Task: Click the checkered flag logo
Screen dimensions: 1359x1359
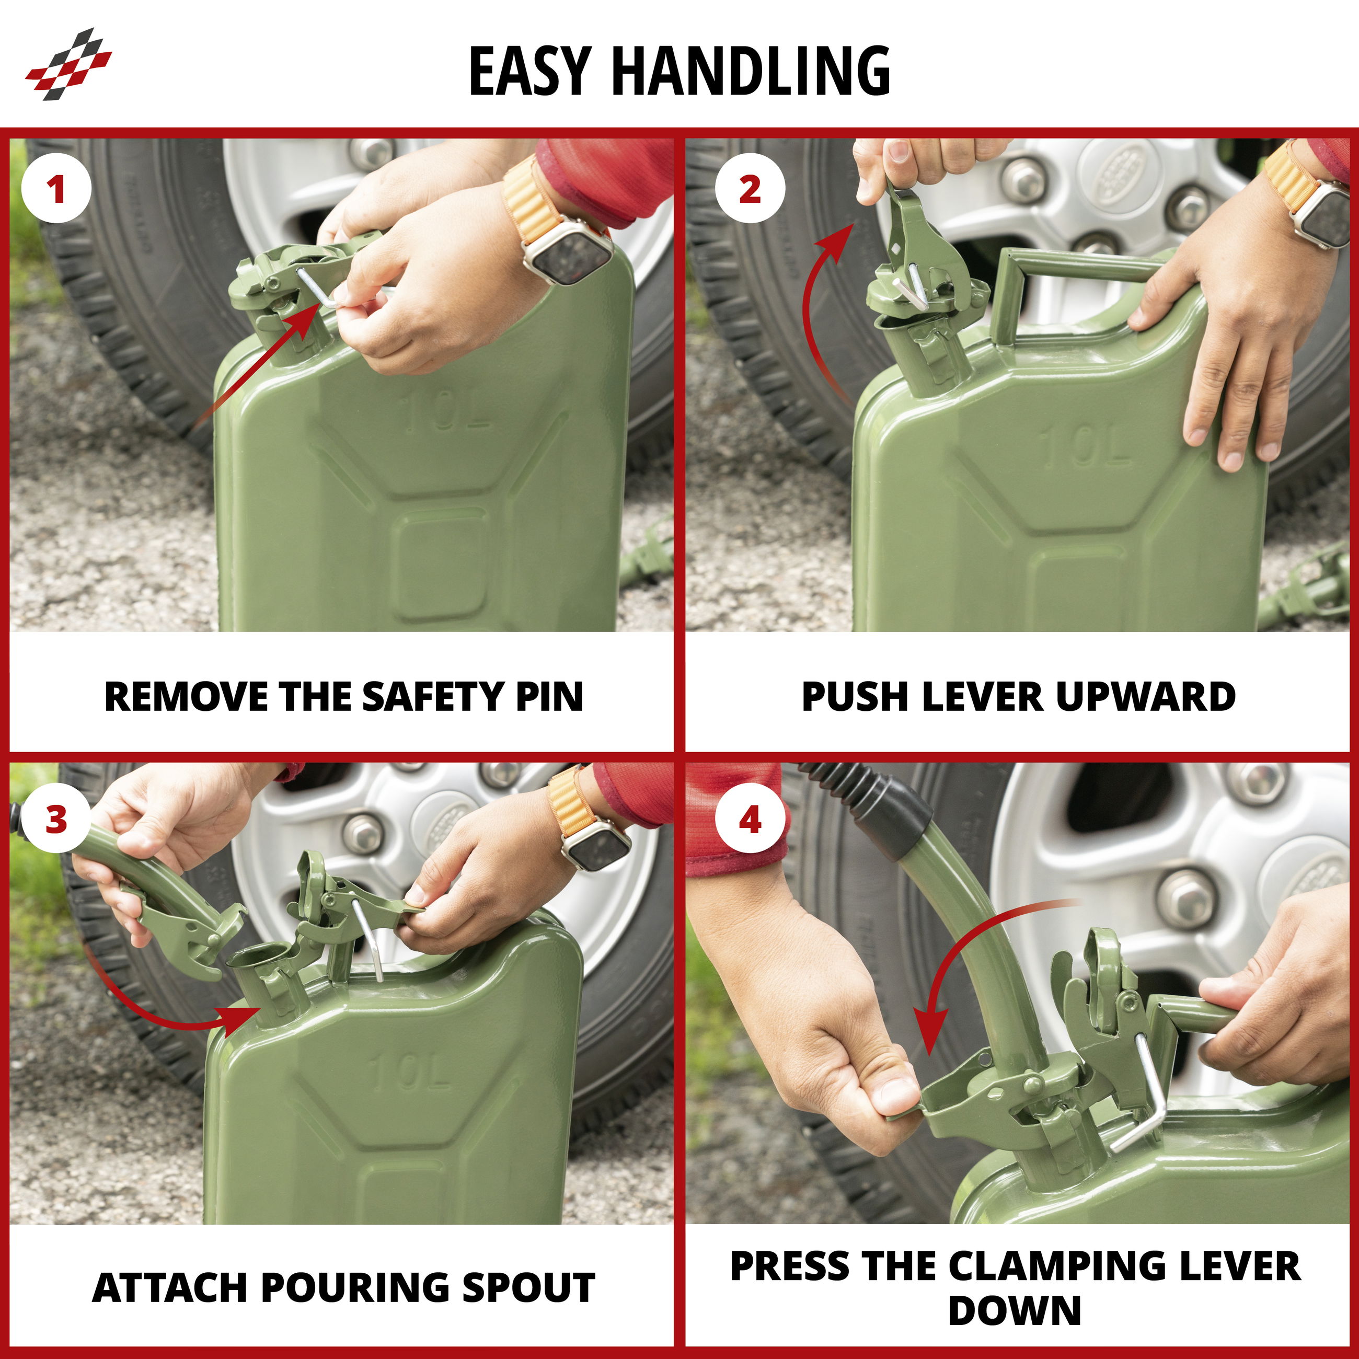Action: click(x=69, y=64)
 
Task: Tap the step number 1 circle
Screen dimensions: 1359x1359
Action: click(x=56, y=189)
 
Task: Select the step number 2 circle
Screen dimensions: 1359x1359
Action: click(x=750, y=189)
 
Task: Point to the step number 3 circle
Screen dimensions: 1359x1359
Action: click(x=56, y=820)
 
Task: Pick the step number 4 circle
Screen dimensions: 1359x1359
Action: click(x=750, y=820)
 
